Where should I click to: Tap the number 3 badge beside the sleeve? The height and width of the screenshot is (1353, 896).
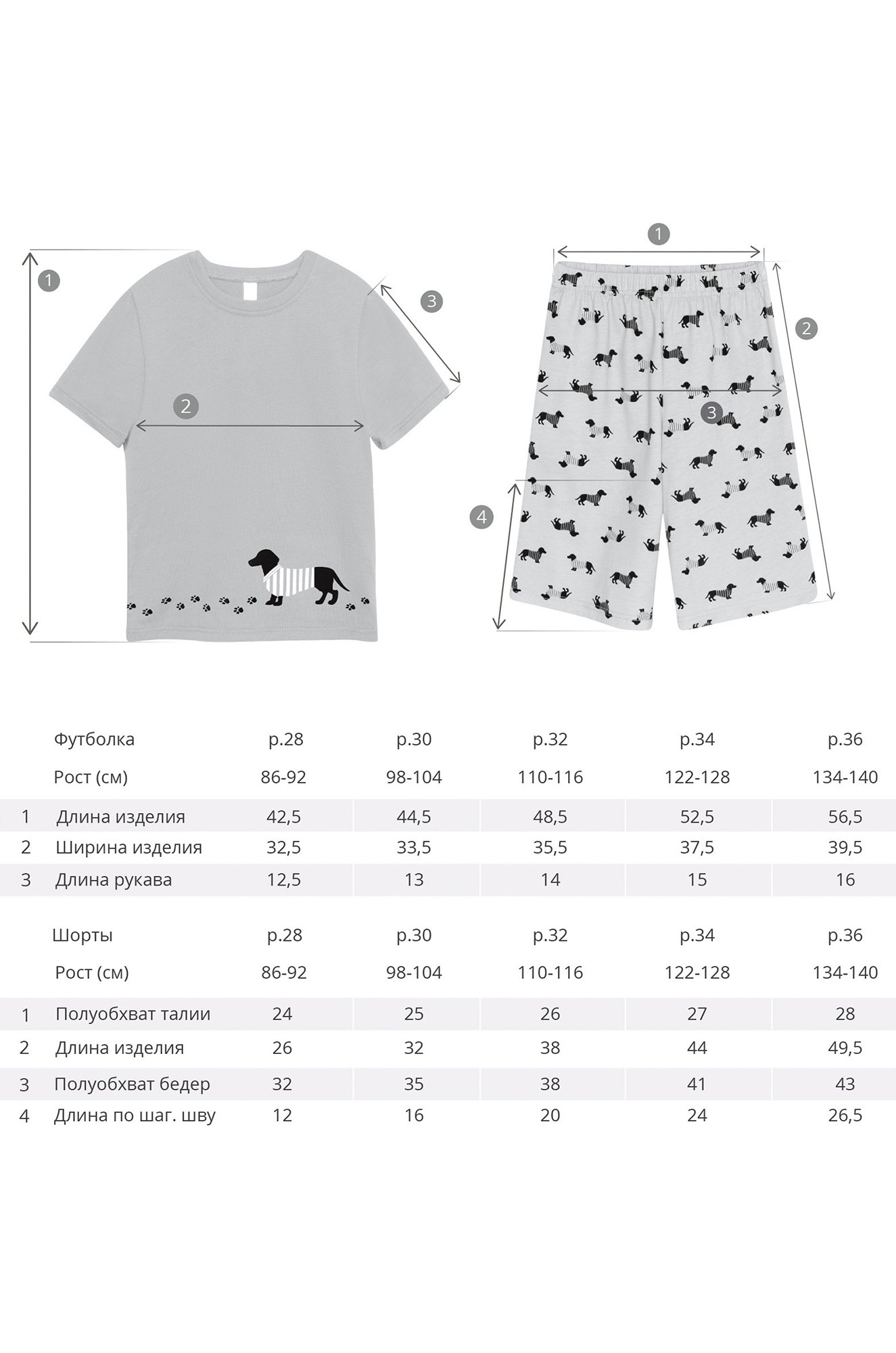(x=431, y=301)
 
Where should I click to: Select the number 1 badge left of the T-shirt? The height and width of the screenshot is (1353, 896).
(x=49, y=280)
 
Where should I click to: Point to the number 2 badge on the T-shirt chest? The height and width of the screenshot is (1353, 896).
(x=185, y=406)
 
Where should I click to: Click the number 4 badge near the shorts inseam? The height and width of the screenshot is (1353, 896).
(x=481, y=518)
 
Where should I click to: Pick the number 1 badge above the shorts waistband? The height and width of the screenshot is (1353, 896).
(x=658, y=234)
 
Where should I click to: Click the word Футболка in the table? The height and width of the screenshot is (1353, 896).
(x=94, y=739)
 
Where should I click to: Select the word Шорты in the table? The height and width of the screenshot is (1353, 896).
(x=82, y=936)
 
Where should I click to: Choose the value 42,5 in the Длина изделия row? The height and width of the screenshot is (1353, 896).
(x=284, y=817)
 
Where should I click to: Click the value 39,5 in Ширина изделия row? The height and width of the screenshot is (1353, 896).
(x=845, y=848)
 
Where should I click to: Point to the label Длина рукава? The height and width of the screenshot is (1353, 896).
(x=114, y=880)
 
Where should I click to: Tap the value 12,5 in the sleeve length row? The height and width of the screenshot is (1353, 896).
(x=284, y=880)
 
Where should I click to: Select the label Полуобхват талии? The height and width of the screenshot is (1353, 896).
(x=133, y=1014)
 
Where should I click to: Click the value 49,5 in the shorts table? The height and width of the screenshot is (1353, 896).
(x=845, y=1048)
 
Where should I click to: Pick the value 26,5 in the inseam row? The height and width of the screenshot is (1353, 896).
(x=845, y=1116)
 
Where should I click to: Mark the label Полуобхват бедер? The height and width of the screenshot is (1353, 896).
(x=132, y=1084)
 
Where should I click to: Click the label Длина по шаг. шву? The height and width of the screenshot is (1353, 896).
(x=135, y=1116)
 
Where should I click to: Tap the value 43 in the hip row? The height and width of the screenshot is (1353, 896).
(x=845, y=1084)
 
